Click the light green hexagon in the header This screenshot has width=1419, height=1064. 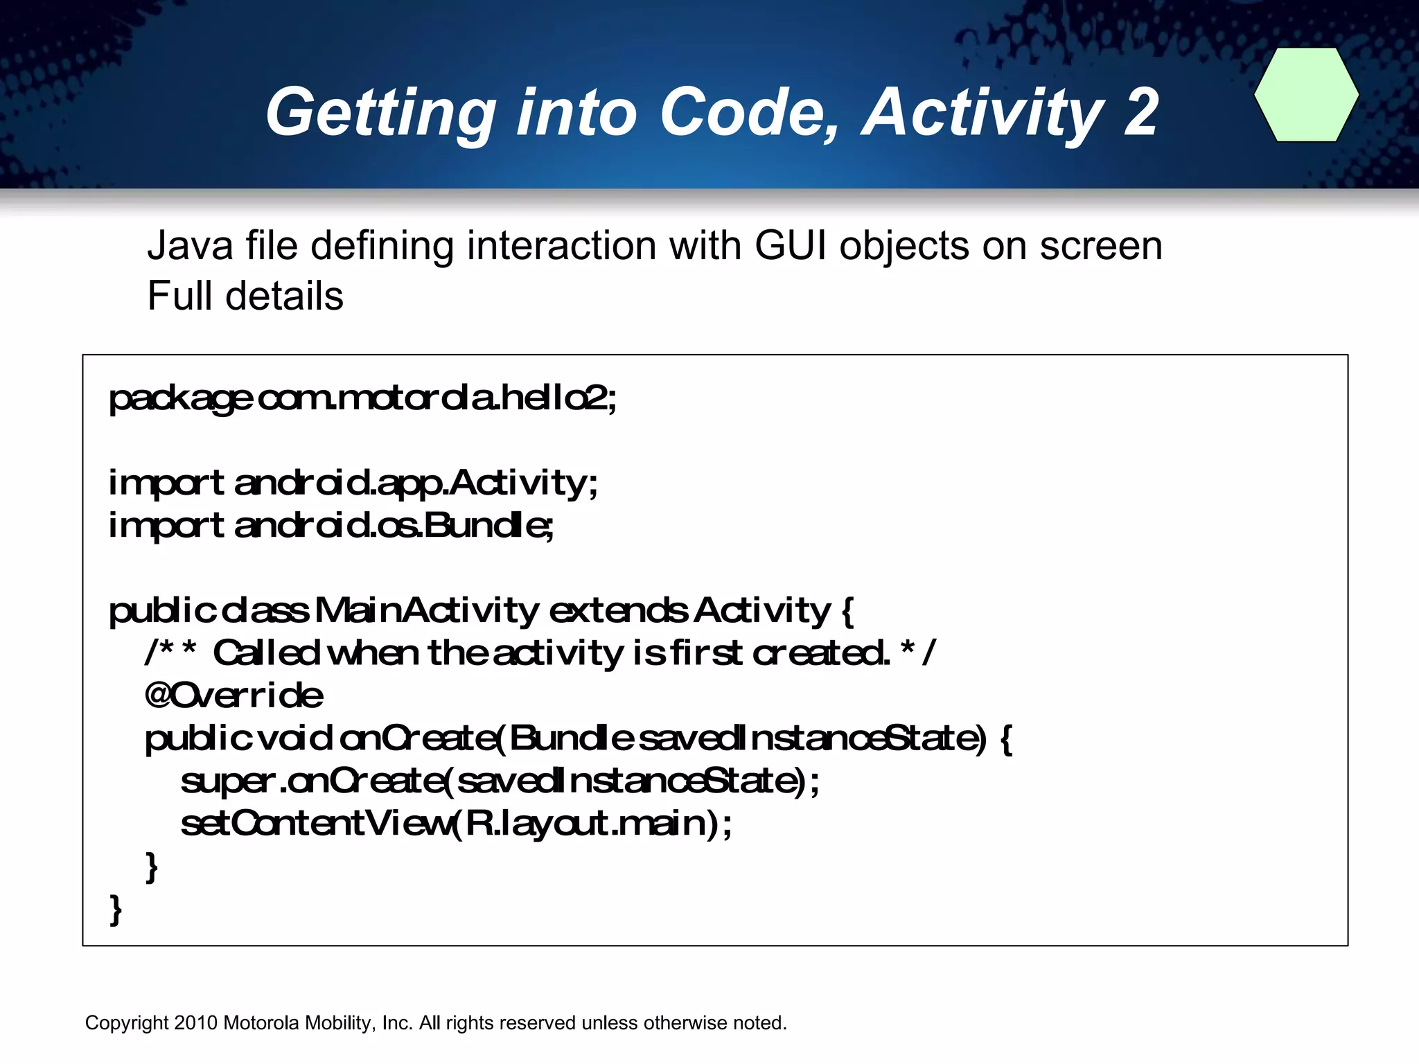tap(1306, 95)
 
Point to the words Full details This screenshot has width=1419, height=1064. tap(245, 296)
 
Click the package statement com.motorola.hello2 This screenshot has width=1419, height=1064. tap(437, 398)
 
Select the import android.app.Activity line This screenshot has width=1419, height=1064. tap(353, 483)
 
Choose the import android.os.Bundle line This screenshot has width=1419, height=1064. tap(331, 526)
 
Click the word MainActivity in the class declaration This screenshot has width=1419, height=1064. tap(426, 610)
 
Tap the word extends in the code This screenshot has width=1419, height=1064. tap(618, 610)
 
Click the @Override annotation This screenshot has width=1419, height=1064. tap(234, 695)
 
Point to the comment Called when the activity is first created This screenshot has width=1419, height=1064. tap(551, 653)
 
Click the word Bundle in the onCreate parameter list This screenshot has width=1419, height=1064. tap(571, 738)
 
